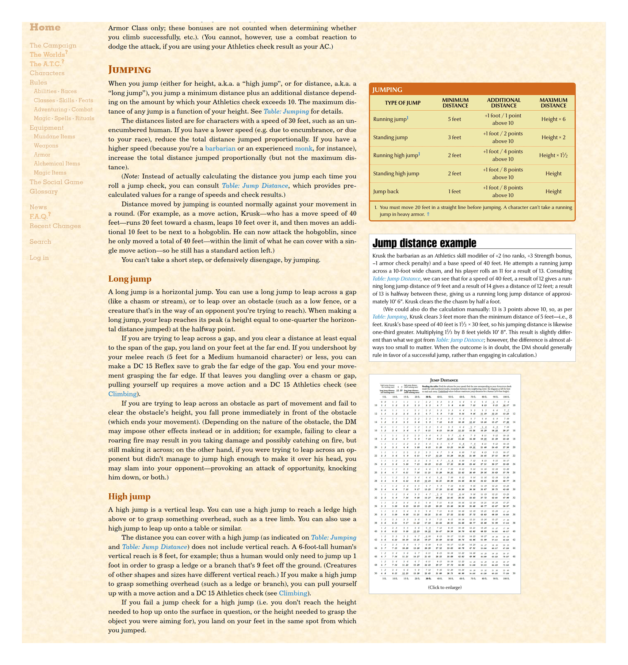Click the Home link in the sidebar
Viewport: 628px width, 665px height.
tap(45, 27)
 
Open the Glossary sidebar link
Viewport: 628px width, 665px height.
tap(43, 191)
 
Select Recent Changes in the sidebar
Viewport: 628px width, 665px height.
tap(55, 226)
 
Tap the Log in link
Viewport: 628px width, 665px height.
tap(39, 258)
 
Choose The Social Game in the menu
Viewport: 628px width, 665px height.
tap(56, 182)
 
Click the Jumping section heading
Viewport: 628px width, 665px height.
tap(130, 69)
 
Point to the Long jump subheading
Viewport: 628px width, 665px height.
tap(130, 279)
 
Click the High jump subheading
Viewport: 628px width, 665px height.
tap(129, 496)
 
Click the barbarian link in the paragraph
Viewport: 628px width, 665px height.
tap(220, 148)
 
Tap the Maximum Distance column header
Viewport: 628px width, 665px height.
tap(553, 103)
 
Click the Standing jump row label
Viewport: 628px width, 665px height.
tap(390, 137)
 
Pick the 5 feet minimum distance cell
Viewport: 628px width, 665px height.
tap(455, 119)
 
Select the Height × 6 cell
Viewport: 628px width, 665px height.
tap(553, 119)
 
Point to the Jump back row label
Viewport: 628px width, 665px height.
tap(386, 191)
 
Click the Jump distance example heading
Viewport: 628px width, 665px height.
tap(424, 243)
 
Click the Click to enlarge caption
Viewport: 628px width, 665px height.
tap(445, 587)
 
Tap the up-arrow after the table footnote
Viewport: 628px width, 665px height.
tap(428, 214)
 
